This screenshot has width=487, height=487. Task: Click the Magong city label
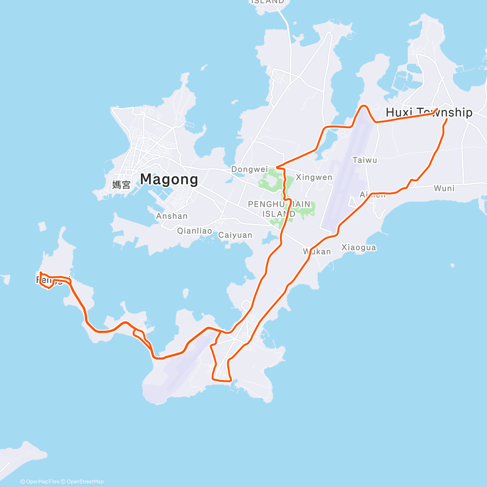click(x=169, y=179)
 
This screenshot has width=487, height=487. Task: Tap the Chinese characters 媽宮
click(x=121, y=185)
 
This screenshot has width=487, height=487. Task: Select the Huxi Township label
click(x=429, y=112)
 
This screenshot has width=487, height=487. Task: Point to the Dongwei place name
click(x=249, y=169)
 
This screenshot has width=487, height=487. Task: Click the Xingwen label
click(x=314, y=177)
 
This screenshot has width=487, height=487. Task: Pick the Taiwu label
click(x=364, y=160)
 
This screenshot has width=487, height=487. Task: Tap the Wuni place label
click(x=444, y=188)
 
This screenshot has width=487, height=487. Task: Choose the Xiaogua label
click(x=359, y=247)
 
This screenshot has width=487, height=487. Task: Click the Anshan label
click(x=172, y=216)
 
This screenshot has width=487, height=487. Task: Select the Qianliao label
click(x=194, y=231)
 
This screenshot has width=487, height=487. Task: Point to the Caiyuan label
click(x=235, y=235)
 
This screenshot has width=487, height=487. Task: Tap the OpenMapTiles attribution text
click(x=40, y=482)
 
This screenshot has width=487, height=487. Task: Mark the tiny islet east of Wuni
click(x=453, y=266)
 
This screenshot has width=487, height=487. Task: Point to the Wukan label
click(x=317, y=252)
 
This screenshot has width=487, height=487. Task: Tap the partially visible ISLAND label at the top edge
click(x=267, y=2)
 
